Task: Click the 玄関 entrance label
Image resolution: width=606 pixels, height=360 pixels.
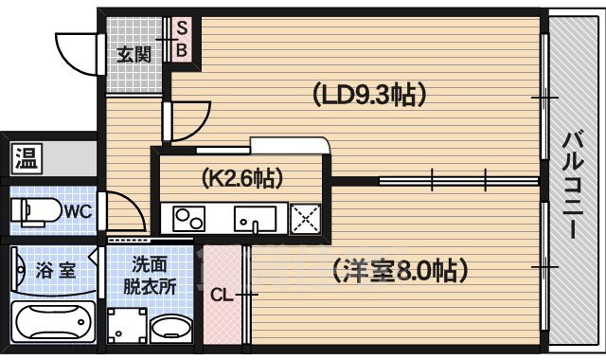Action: [134, 54]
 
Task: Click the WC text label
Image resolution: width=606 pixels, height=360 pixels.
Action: [78, 210]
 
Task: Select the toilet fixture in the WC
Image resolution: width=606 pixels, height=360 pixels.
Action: [31, 210]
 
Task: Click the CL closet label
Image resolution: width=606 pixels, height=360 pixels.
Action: [222, 295]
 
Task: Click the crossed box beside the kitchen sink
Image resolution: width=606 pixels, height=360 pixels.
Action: [306, 220]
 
